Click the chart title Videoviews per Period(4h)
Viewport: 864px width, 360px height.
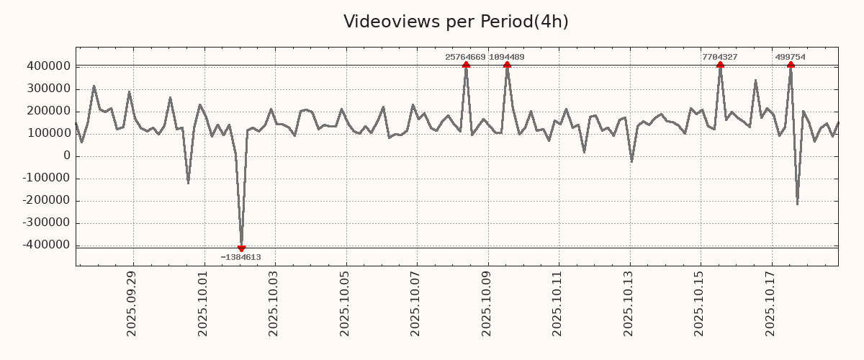(x=456, y=22)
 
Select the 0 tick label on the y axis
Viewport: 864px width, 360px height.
(x=67, y=156)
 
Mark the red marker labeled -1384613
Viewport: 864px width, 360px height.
(x=241, y=248)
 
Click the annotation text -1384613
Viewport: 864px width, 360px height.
(x=240, y=257)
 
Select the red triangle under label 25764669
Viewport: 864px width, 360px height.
(x=466, y=65)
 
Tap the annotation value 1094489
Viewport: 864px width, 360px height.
(x=506, y=57)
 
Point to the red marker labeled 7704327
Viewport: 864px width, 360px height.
(x=720, y=65)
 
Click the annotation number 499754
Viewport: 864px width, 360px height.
(x=790, y=57)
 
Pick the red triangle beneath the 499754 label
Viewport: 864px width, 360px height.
(x=791, y=65)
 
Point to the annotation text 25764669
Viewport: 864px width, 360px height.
(x=465, y=57)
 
